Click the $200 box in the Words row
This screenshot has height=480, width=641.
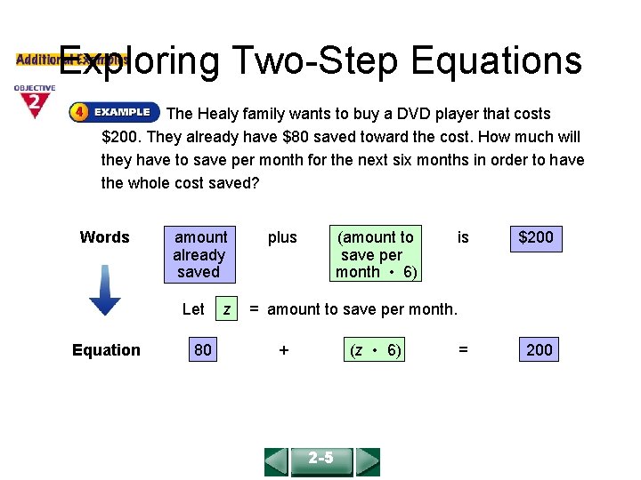pyautogui.click(x=536, y=237)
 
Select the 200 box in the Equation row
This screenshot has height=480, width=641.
pyautogui.click(x=539, y=349)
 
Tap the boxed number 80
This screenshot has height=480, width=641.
pyautogui.click(x=203, y=349)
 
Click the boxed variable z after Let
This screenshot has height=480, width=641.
pyautogui.click(x=227, y=309)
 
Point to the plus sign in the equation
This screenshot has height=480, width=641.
pyautogui.click(x=283, y=350)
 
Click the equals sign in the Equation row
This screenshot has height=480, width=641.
pyautogui.click(x=462, y=350)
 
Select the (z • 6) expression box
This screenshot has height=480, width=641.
pyautogui.click(x=375, y=350)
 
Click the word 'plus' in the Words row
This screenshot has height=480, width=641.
pyautogui.click(x=282, y=237)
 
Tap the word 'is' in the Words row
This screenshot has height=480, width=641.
pyautogui.click(x=463, y=237)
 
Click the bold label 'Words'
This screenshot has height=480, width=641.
pyautogui.click(x=104, y=237)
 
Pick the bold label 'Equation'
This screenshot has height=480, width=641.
pyautogui.click(x=106, y=350)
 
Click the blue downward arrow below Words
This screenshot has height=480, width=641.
pyautogui.click(x=105, y=291)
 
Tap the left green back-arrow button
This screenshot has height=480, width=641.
pyautogui.click(x=276, y=461)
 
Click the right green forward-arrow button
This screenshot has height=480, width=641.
pyautogui.click(x=367, y=461)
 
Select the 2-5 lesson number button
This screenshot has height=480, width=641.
pyautogui.click(x=321, y=460)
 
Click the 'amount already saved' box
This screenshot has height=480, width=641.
pyautogui.click(x=199, y=254)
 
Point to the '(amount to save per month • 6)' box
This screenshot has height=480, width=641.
pyautogui.click(x=375, y=254)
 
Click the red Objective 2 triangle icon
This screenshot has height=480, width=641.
pyautogui.click(x=34, y=102)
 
